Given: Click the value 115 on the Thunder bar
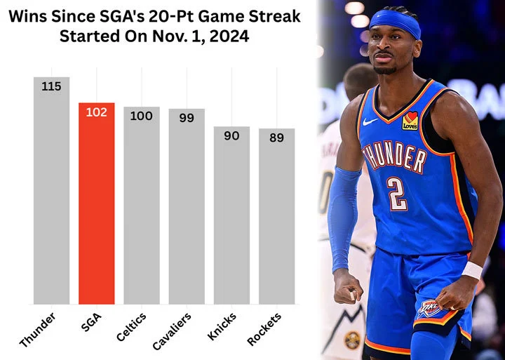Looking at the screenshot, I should pyautogui.click(x=51, y=86).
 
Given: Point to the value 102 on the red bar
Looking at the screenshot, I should pyautogui.click(x=96, y=112).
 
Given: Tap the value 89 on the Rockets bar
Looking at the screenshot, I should pyautogui.click(x=276, y=138).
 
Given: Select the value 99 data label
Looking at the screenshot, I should pyautogui.click(x=186, y=118).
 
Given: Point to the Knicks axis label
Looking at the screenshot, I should pyautogui.click(x=222, y=327).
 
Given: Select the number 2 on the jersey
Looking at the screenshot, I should pyautogui.click(x=397, y=194).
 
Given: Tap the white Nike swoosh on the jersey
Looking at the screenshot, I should pyautogui.click(x=370, y=121).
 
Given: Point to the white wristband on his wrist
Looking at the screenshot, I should pyautogui.click(x=472, y=270).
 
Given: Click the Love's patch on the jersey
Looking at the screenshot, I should pyautogui.click(x=410, y=121).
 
